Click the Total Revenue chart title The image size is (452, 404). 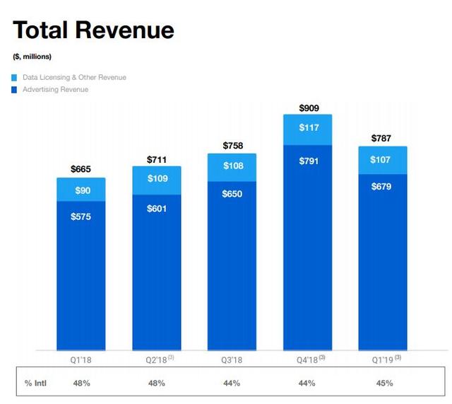(93, 30)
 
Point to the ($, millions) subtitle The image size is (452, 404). (32, 57)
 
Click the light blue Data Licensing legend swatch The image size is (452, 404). (14, 78)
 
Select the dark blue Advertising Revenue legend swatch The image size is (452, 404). (14, 90)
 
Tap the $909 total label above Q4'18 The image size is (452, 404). (309, 108)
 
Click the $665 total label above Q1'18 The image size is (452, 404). (81, 169)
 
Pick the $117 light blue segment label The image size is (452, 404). (309, 127)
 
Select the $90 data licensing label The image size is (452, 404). (83, 190)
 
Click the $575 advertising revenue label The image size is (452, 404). (81, 217)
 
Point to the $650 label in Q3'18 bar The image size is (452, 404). (232, 194)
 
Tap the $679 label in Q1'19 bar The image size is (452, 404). (381, 186)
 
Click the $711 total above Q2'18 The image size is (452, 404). (157, 159)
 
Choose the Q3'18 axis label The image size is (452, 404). (232, 360)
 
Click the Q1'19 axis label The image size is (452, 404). (386, 359)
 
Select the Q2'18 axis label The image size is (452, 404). (160, 359)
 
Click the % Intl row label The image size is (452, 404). (35, 383)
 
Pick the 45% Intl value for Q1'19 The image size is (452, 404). (384, 383)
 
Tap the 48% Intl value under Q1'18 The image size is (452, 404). (82, 383)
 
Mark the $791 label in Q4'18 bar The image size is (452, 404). (309, 161)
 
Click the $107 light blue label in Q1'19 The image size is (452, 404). (380, 159)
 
